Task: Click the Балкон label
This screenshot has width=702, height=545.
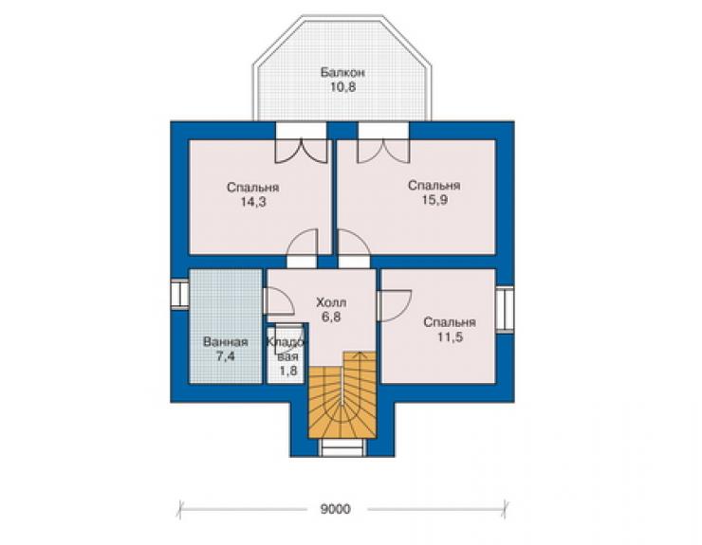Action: [343, 72]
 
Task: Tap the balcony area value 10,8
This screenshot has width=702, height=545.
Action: [343, 87]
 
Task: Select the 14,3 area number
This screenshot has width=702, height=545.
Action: [253, 202]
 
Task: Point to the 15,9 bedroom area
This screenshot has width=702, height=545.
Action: [434, 200]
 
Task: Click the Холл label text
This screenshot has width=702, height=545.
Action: [331, 302]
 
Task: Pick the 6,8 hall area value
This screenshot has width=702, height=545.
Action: [331, 317]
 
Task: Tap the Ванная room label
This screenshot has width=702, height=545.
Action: [225, 342]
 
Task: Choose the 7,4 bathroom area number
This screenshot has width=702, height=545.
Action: [226, 356]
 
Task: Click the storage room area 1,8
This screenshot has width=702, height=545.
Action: [288, 371]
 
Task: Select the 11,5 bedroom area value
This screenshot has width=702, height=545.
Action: [450, 336]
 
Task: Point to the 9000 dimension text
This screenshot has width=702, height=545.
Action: [335, 509]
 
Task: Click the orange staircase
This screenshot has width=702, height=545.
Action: [342, 394]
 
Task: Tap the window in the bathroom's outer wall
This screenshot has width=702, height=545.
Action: [180, 294]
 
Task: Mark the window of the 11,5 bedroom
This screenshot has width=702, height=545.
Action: [505, 309]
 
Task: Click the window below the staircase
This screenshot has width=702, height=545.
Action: [342, 447]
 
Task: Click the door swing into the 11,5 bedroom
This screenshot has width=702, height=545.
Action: [394, 305]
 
